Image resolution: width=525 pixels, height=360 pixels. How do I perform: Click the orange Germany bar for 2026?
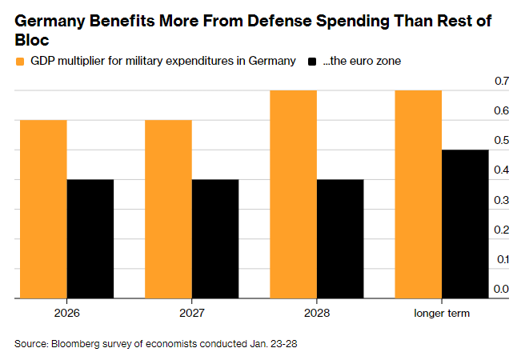43,209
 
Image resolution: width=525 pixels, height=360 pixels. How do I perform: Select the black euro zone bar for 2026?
90,238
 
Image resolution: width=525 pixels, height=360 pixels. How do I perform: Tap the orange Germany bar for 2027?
168,209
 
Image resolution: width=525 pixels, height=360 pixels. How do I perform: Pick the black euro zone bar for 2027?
214,238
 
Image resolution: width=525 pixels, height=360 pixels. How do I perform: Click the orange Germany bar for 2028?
293,194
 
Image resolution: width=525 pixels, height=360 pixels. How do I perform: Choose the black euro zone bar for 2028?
339,238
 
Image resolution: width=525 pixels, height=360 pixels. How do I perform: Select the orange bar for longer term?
418,194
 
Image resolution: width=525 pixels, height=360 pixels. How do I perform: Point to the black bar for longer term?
465,224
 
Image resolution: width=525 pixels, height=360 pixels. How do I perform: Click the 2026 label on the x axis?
66,313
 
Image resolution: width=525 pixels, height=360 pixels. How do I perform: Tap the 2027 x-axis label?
191,313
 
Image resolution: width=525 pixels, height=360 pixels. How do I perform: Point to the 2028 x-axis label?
316,313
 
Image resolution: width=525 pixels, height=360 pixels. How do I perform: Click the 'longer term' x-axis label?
441,313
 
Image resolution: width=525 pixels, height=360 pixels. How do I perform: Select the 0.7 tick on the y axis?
502,82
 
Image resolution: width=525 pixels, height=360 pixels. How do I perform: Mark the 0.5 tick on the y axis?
502,141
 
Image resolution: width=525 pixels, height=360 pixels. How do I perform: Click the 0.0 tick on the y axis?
502,289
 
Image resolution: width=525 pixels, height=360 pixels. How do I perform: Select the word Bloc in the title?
32,41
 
